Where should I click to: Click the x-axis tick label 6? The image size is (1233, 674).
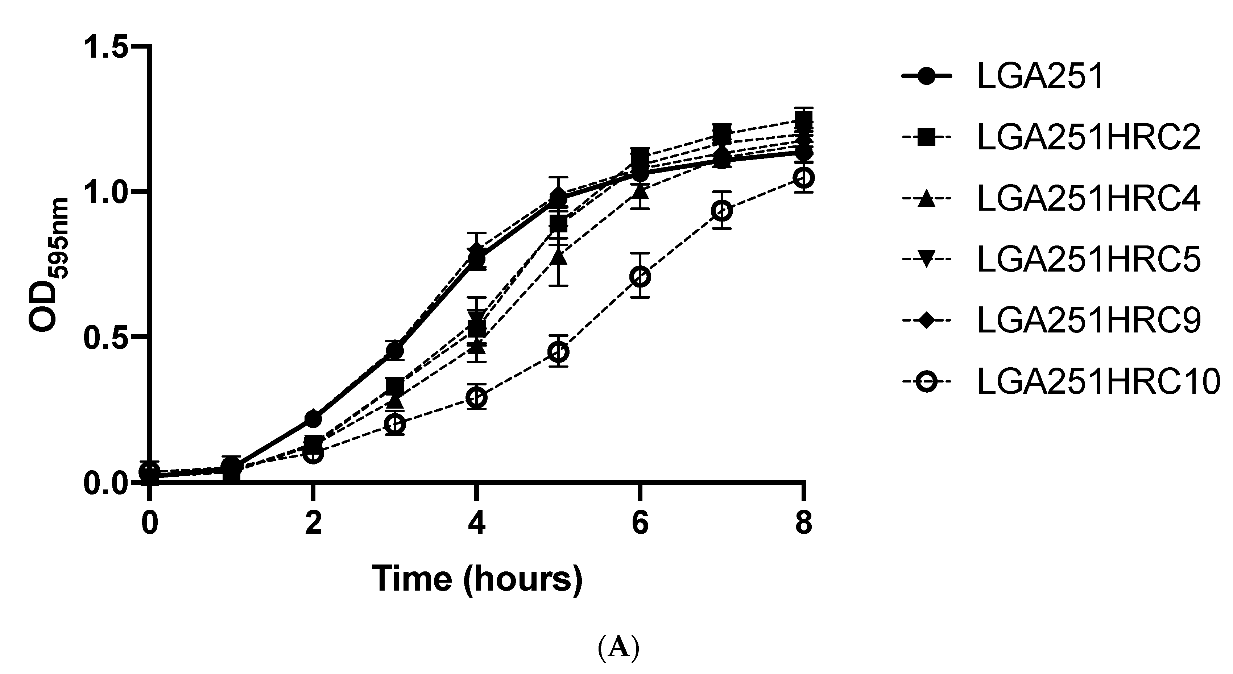coord(640,523)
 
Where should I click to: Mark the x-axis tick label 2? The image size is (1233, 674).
coord(313,523)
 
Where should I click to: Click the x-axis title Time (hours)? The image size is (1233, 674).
coord(477,579)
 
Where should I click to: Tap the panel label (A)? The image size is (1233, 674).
coord(618,649)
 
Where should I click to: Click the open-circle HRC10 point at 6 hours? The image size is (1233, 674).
coord(640,277)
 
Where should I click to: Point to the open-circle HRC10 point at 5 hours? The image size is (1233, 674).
coord(559,352)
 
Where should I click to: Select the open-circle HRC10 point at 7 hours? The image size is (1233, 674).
coord(721,211)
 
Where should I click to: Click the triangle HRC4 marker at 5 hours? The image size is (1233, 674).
coord(559,257)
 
